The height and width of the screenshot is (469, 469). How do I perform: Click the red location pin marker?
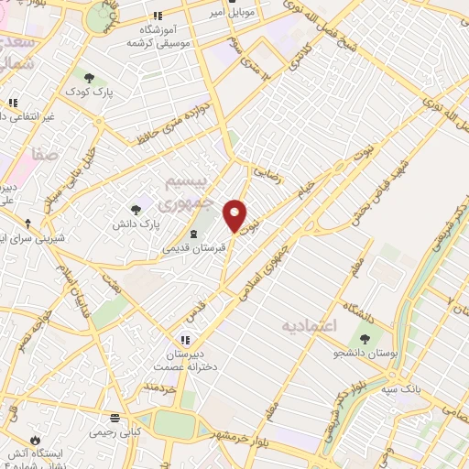[x=235, y=214]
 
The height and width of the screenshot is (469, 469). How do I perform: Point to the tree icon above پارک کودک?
[x=89, y=77]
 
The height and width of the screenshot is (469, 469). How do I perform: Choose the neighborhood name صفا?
[x=45, y=156]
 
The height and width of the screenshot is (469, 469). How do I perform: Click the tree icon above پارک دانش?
[x=136, y=209]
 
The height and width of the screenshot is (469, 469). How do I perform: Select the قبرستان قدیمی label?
[x=192, y=247]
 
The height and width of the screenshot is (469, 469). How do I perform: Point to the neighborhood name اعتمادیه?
[x=310, y=326]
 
